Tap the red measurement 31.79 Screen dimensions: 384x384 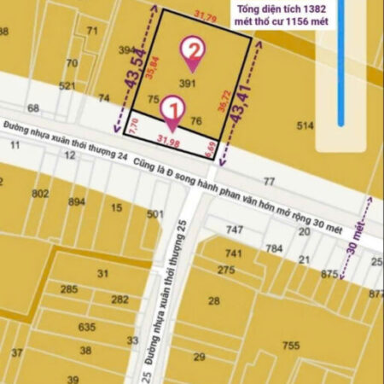point(206,17)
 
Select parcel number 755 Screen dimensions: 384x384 point(291,345)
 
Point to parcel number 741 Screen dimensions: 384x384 point(233,253)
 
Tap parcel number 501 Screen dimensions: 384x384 point(154,213)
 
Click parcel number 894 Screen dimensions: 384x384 point(77,202)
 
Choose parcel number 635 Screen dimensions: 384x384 point(86,327)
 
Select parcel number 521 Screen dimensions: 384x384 point(67,86)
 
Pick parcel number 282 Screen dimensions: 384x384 point(119,299)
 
